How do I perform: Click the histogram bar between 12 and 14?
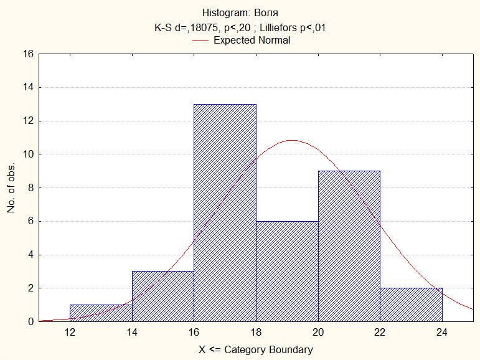[x=101, y=313]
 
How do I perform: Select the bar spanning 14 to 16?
[x=163, y=296]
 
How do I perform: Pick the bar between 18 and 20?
[x=287, y=272]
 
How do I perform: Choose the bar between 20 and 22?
[x=349, y=247]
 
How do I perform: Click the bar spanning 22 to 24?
[x=412, y=305]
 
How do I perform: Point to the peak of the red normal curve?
[x=291, y=140]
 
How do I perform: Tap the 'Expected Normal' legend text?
[x=252, y=40]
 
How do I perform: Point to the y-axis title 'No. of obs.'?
[x=11, y=189]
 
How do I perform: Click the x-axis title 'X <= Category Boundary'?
[x=255, y=349]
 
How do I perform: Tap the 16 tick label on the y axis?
[x=27, y=54]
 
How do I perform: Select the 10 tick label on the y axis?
[x=27, y=154]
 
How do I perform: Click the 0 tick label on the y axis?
[x=30, y=322]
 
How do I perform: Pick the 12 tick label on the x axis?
[x=70, y=333]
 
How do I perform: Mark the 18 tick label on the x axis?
[x=256, y=333]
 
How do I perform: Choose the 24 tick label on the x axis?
[x=442, y=333]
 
